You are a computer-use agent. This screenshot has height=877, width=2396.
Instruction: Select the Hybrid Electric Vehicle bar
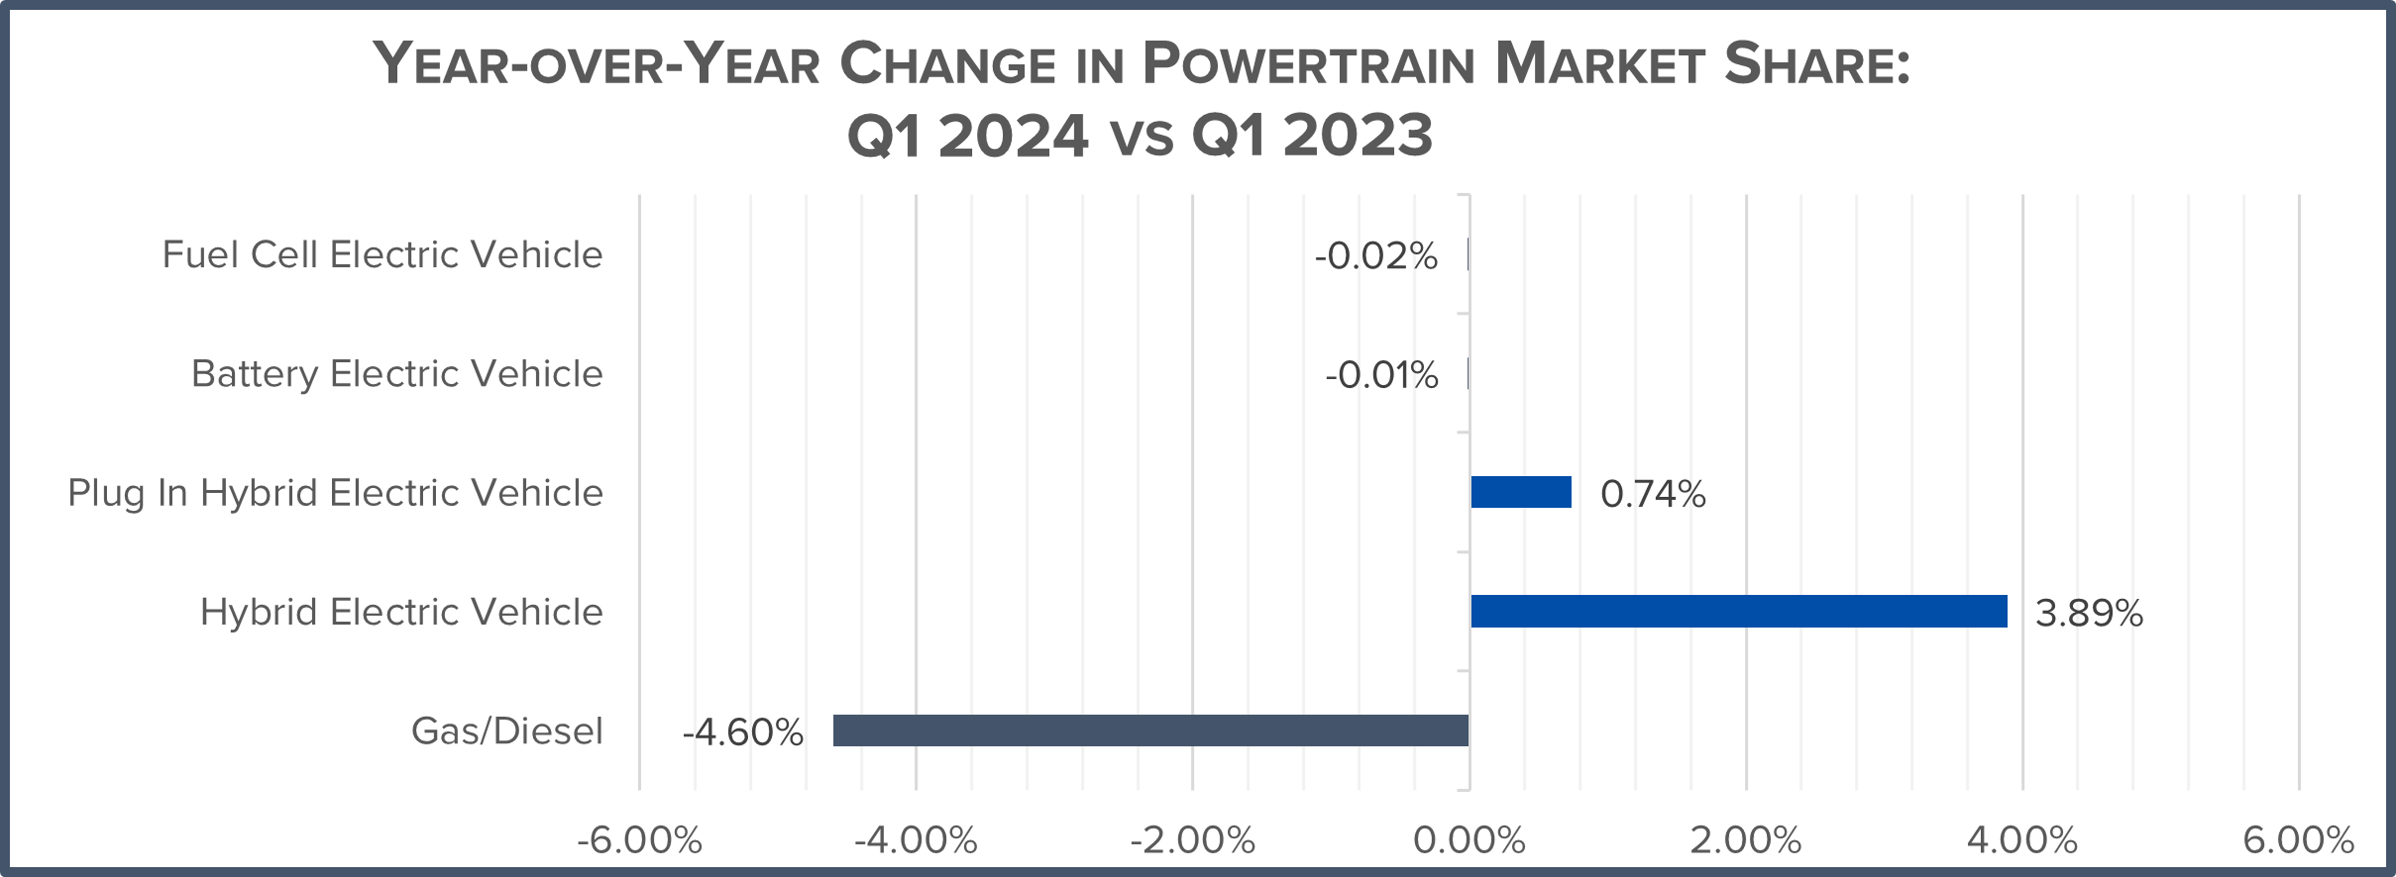tap(1739, 611)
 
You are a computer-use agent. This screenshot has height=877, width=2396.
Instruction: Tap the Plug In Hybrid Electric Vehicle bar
tap(1521, 492)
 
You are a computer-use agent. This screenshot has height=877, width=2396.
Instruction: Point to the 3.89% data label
tap(2088, 613)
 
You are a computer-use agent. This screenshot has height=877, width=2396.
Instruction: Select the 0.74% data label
tap(1653, 494)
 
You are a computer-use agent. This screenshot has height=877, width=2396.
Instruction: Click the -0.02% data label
tap(1375, 256)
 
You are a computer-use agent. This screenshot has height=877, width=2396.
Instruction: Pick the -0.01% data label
tap(1381, 375)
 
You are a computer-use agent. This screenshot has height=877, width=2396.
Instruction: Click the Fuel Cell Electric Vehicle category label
tap(382, 254)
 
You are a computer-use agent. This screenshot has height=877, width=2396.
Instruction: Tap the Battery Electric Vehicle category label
tap(397, 373)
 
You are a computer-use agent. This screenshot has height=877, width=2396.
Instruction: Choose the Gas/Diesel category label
tap(507, 731)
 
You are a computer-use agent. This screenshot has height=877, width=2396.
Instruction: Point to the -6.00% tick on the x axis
tap(639, 841)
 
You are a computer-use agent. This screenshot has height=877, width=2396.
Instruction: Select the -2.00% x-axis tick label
tap(1192, 841)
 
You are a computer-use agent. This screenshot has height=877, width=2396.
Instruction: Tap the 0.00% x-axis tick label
tap(1469, 841)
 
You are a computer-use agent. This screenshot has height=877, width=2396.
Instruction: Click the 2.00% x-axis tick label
tap(1746, 841)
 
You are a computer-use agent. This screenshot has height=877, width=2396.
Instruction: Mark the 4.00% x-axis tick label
tap(2022, 841)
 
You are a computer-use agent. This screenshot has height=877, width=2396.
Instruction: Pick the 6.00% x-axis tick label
tap(2298, 841)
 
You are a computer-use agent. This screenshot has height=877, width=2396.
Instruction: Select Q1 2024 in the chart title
tap(967, 136)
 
